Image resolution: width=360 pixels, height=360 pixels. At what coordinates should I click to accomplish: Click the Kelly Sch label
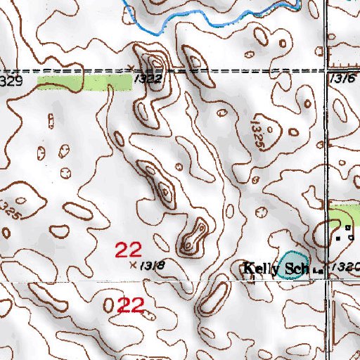coord(276,269)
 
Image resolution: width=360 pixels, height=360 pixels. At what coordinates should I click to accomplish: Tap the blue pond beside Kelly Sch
coord(291,265)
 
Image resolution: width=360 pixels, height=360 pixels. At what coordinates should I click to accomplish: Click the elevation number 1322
coord(150,80)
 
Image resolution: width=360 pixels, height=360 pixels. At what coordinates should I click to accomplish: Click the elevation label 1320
coord(345,267)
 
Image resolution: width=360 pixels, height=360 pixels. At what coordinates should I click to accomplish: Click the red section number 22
coord(129,248)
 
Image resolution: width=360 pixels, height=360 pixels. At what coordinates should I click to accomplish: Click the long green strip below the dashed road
coord(84,83)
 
